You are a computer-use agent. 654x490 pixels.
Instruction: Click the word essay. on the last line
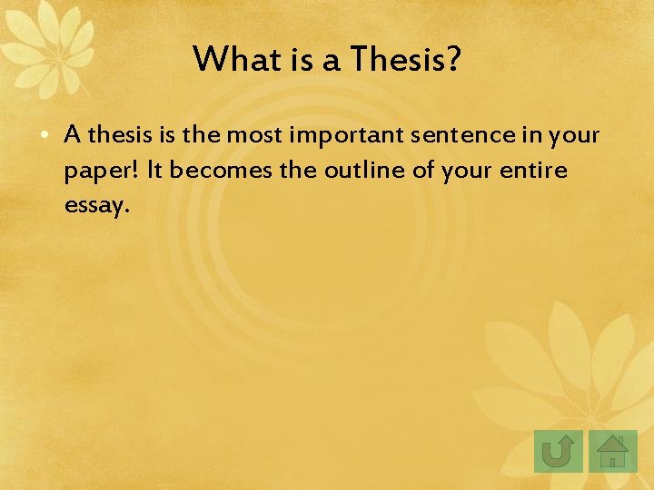click(97, 205)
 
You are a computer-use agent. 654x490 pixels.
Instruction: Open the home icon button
click(613, 451)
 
